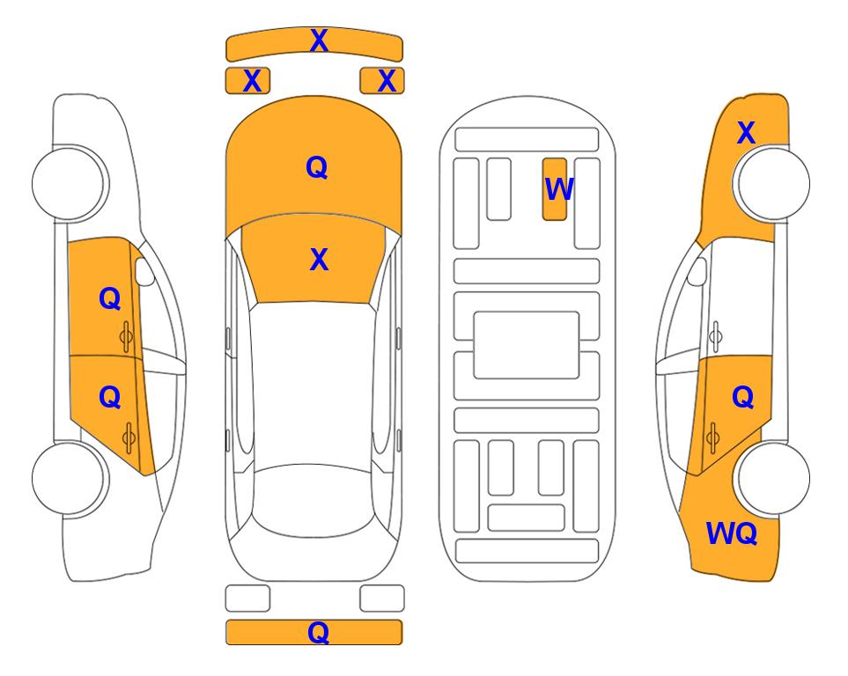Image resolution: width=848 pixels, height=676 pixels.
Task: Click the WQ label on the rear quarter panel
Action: click(x=731, y=533)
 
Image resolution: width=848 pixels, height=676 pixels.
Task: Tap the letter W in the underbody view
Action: click(x=559, y=189)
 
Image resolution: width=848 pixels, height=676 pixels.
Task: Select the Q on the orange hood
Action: click(x=317, y=167)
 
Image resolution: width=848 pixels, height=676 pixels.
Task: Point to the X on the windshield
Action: click(x=319, y=260)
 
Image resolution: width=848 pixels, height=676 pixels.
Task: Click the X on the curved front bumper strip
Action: click(x=319, y=40)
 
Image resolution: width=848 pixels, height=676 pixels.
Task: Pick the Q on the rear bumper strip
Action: click(x=318, y=632)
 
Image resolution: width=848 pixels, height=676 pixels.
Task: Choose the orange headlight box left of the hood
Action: click(x=247, y=81)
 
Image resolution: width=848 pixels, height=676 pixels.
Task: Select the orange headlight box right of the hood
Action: click(x=382, y=81)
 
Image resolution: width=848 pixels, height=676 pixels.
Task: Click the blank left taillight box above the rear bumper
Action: click(x=247, y=599)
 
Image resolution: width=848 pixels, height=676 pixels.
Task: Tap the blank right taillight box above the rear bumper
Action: click(x=382, y=599)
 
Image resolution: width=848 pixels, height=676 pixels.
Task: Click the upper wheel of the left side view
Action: click(x=68, y=183)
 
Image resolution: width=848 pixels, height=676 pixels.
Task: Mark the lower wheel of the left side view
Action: click(x=68, y=478)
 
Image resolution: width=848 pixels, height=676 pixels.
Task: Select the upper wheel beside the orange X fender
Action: click(x=773, y=183)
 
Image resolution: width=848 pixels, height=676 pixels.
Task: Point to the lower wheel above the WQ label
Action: click(x=773, y=478)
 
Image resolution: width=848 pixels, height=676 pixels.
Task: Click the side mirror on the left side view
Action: click(x=144, y=271)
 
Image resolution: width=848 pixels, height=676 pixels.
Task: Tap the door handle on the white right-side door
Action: click(x=716, y=336)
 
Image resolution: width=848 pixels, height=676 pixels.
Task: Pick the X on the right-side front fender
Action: click(x=747, y=133)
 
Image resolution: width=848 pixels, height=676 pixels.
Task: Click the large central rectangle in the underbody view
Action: click(x=527, y=345)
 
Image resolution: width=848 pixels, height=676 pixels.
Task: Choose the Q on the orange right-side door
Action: click(x=743, y=398)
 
